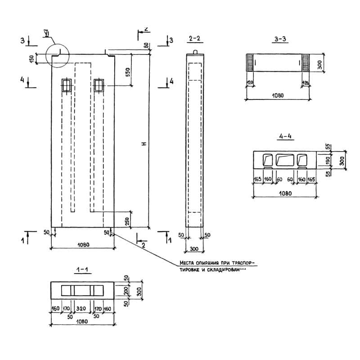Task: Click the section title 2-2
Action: [x=194, y=39]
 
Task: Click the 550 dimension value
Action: [x=127, y=72]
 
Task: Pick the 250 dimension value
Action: [x=127, y=221]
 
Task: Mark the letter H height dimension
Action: [x=144, y=144]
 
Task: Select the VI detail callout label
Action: [x=46, y=33]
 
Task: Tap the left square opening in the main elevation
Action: [x=67, y=85]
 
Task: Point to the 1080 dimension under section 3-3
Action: [x=277, y=95]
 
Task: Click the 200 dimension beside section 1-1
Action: [x=126, y=291]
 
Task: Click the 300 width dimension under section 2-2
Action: [x=195, y=248]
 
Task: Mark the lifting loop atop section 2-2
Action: [x=195, y=51]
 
